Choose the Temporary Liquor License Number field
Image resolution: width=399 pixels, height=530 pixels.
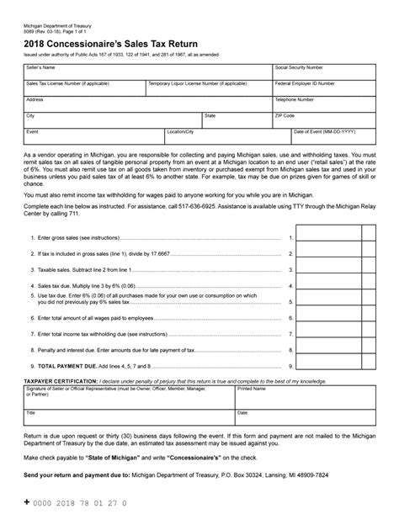207,87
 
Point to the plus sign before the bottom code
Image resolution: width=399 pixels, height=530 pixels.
28,502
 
